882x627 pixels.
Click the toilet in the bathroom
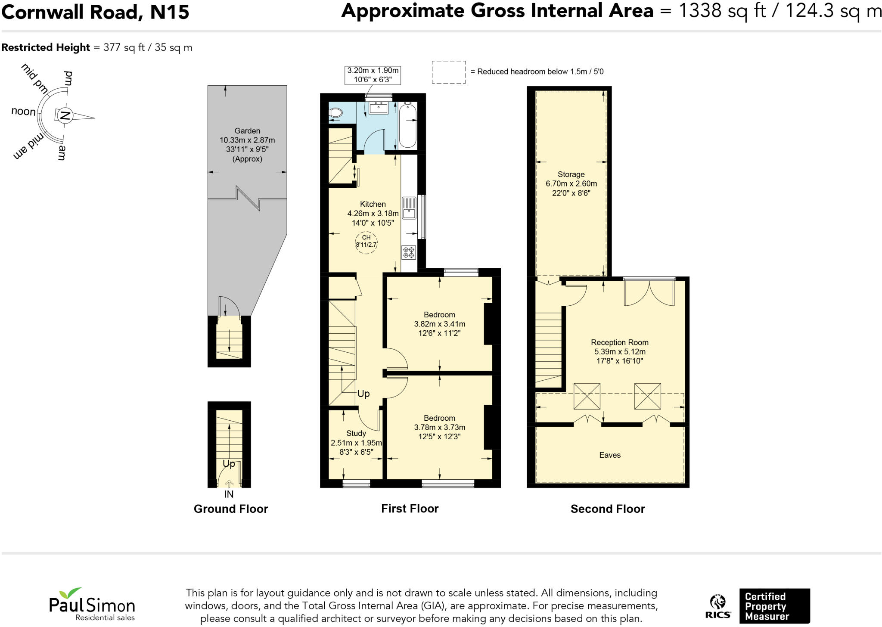(335, 113)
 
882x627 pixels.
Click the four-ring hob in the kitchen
(409, 252)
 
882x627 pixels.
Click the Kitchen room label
(373, 204)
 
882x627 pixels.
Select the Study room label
(356, 433)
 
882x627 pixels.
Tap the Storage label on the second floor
(571, 174)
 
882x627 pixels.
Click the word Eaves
(610, 455)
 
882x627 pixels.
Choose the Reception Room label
(619, 342)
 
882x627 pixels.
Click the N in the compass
(65, 116)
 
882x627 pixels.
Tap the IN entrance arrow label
(229, 494)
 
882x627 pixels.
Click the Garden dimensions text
(247, 145)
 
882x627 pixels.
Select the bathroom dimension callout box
(373, 75)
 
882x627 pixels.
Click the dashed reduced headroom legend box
(449, 72)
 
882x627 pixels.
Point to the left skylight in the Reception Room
(587, 396)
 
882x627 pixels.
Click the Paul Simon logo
(92, 604)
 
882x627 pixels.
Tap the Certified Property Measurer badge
(774, 606)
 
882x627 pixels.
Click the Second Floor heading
(608, 509)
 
